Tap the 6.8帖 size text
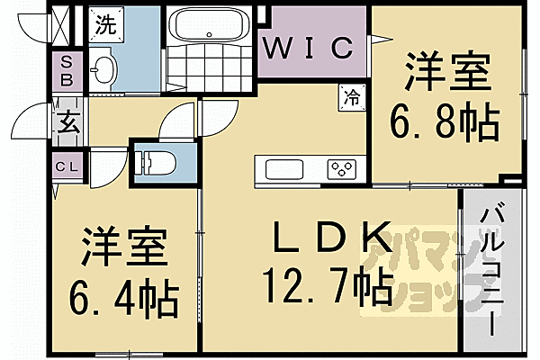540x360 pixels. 442,121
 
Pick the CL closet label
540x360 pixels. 66,167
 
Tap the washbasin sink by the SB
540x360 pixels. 104,68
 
